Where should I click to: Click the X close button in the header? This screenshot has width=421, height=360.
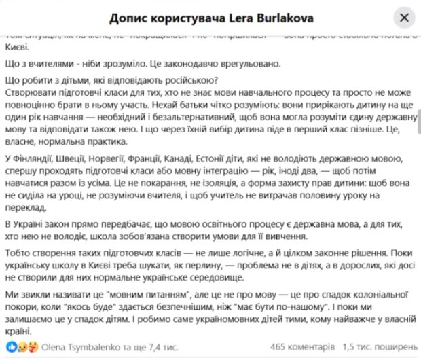click(x=405, y=18)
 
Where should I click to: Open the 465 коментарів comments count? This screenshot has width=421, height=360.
click(x=301, y=346)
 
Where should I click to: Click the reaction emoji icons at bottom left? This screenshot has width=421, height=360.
click(x=24, y=346)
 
